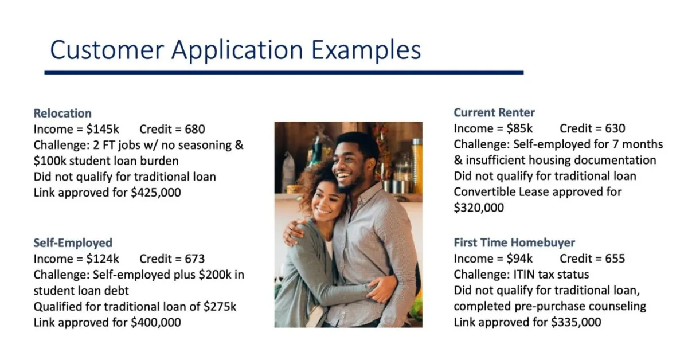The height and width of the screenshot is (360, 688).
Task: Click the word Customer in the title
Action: tap(107, 50)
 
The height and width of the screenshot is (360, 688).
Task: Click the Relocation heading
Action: tap(62, 113)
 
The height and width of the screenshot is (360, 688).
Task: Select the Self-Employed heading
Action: tap(73, 243)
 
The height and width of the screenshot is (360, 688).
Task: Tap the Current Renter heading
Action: tap(494, 112)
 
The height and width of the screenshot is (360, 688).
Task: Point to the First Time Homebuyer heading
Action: tap(514, 242)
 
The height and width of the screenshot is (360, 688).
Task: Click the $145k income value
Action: tap(103, 129)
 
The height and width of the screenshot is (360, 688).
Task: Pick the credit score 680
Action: tap(195, 129)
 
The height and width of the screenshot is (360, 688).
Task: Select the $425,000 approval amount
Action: tap(156, 193)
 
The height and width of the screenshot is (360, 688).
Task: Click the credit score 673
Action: tap(195, 259)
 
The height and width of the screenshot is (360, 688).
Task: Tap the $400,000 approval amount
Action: tap(156, 323)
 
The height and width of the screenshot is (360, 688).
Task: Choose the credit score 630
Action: tap(615, 128)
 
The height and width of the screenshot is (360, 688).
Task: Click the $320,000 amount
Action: tap(479, 208)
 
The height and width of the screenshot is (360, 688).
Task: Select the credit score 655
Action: tap(615, 259)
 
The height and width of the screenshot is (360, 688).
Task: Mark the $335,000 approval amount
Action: tap(576, 322)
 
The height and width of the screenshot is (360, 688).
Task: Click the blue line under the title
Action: tap(284, 72)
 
